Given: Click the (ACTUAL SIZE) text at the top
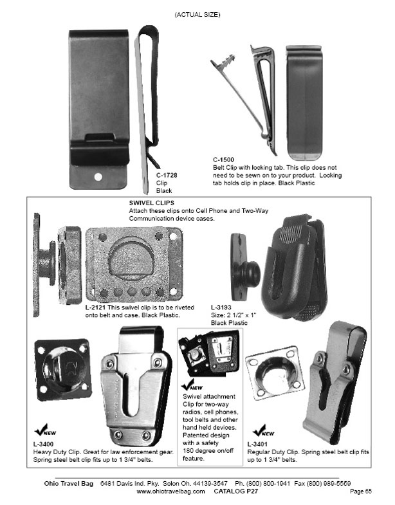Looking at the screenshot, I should click(197, 14).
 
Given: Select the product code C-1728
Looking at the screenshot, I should click(168, 174).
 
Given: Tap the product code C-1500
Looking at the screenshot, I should click(224, 159).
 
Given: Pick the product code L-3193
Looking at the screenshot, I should click(222, 308).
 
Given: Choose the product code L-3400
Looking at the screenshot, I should click(44, 445).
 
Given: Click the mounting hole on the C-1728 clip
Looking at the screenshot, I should click(98, 175).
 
